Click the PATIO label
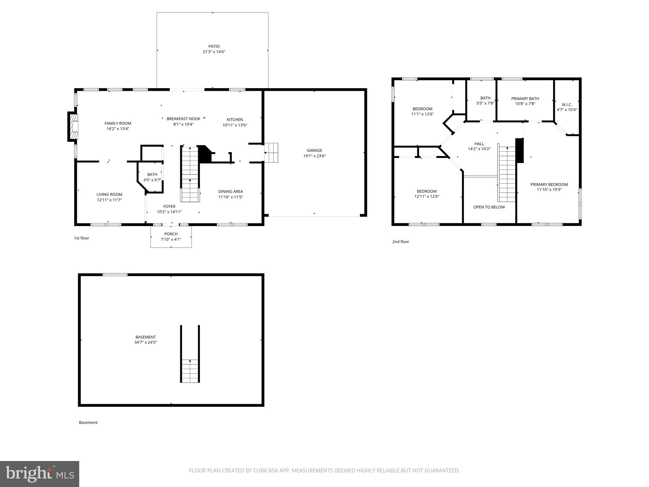tap(214, 46)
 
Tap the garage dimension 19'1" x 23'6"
tap(314, 156)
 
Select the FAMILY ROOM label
tap(118, 123)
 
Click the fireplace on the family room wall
tap(73, 127)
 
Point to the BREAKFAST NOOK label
tap(183, 119)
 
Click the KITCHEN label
tap(235, 120)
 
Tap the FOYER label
tap(169, 206)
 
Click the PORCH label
tap(171, 234)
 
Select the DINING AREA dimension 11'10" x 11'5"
tap(230, 197)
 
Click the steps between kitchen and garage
tap(272, 153)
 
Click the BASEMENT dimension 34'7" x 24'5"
tap(145, 342)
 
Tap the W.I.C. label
tap(567, 105)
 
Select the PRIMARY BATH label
tap(525, 99)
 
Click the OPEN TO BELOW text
tap(489, 207)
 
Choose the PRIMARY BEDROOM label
tap(549, 185)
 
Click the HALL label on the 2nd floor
tap(479, 144)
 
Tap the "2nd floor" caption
tap(401, 242)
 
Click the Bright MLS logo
tap(39, 474)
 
